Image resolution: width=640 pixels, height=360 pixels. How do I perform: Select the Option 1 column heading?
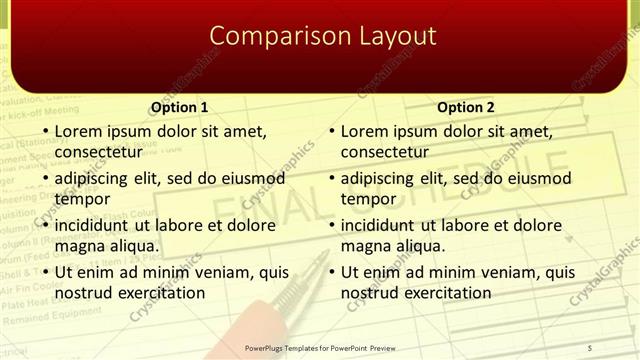pos(179,107)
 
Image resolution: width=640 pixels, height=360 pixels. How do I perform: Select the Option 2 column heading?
pos(465,107)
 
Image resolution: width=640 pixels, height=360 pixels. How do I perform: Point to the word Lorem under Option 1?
pos(78,131)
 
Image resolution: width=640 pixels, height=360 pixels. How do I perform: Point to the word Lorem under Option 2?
pos(364,131)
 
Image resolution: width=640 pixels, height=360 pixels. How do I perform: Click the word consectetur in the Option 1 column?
pos(98,152)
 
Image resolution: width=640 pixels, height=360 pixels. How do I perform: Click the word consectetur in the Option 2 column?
pos(384,152)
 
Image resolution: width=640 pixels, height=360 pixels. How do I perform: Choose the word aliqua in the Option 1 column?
pos(132,246)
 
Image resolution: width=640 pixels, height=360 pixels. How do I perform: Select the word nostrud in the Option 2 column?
pos(369,293)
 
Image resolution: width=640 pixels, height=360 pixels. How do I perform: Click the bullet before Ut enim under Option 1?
pos(44,272)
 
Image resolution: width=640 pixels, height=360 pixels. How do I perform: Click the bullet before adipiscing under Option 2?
pos(330,178)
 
